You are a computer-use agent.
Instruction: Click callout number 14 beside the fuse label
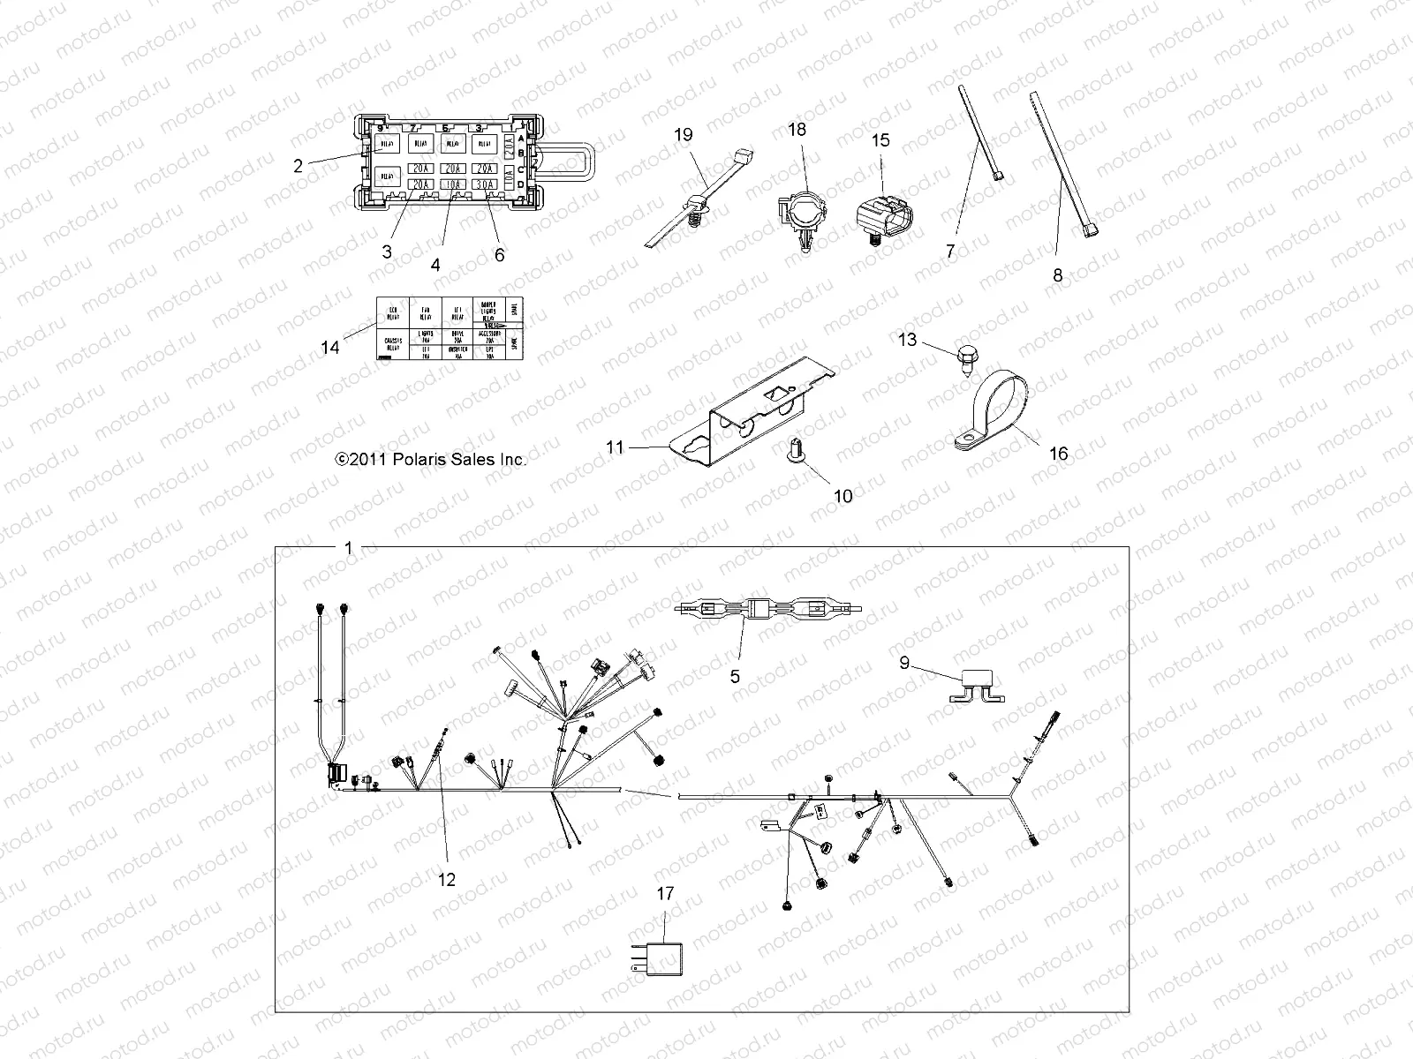(329, 348)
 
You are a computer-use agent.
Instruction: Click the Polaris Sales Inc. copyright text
(430, 460)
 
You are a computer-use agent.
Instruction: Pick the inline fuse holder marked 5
(765, 609)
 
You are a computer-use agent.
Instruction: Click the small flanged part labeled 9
(977, 694)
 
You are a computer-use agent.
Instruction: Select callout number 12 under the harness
(447, 879)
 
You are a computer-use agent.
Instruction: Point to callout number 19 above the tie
(683, 135)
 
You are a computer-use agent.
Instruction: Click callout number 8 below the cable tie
(1058, 275)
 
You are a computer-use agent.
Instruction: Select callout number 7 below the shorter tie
(950, 252)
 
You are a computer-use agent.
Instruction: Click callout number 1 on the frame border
(348, 548)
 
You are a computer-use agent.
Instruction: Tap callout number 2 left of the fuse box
(298, 165)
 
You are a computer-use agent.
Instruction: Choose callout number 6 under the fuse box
(500, 254)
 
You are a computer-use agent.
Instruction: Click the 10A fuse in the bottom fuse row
(453, 184)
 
